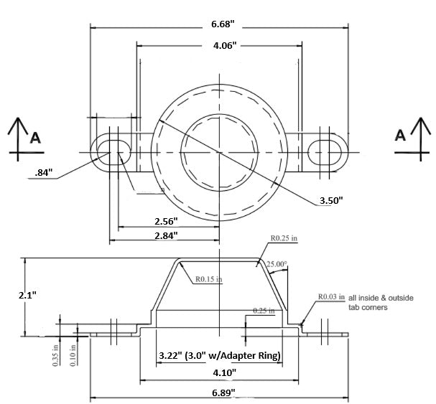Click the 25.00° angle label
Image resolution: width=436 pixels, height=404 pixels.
pos(277,264)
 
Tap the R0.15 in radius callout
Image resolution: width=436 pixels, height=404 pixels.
pos(208,278)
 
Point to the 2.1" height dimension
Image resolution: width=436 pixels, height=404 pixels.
pos(12,295)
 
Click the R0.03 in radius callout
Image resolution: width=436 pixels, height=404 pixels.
pos(332,296)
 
